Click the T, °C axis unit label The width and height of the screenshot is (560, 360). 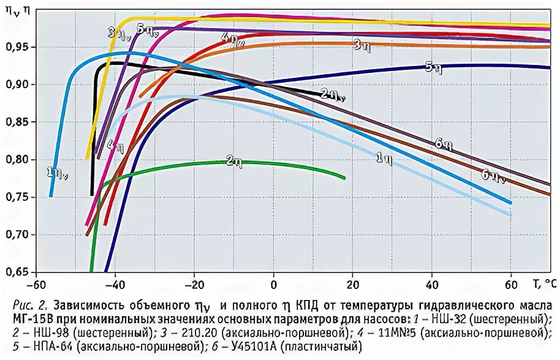tap(544, 283)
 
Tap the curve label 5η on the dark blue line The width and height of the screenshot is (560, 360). tap(433, 67)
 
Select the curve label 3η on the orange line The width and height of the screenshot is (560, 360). tap(360, 44)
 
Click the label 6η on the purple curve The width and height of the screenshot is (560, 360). tap(444, 144)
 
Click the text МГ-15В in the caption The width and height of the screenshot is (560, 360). tap(34, 319)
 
